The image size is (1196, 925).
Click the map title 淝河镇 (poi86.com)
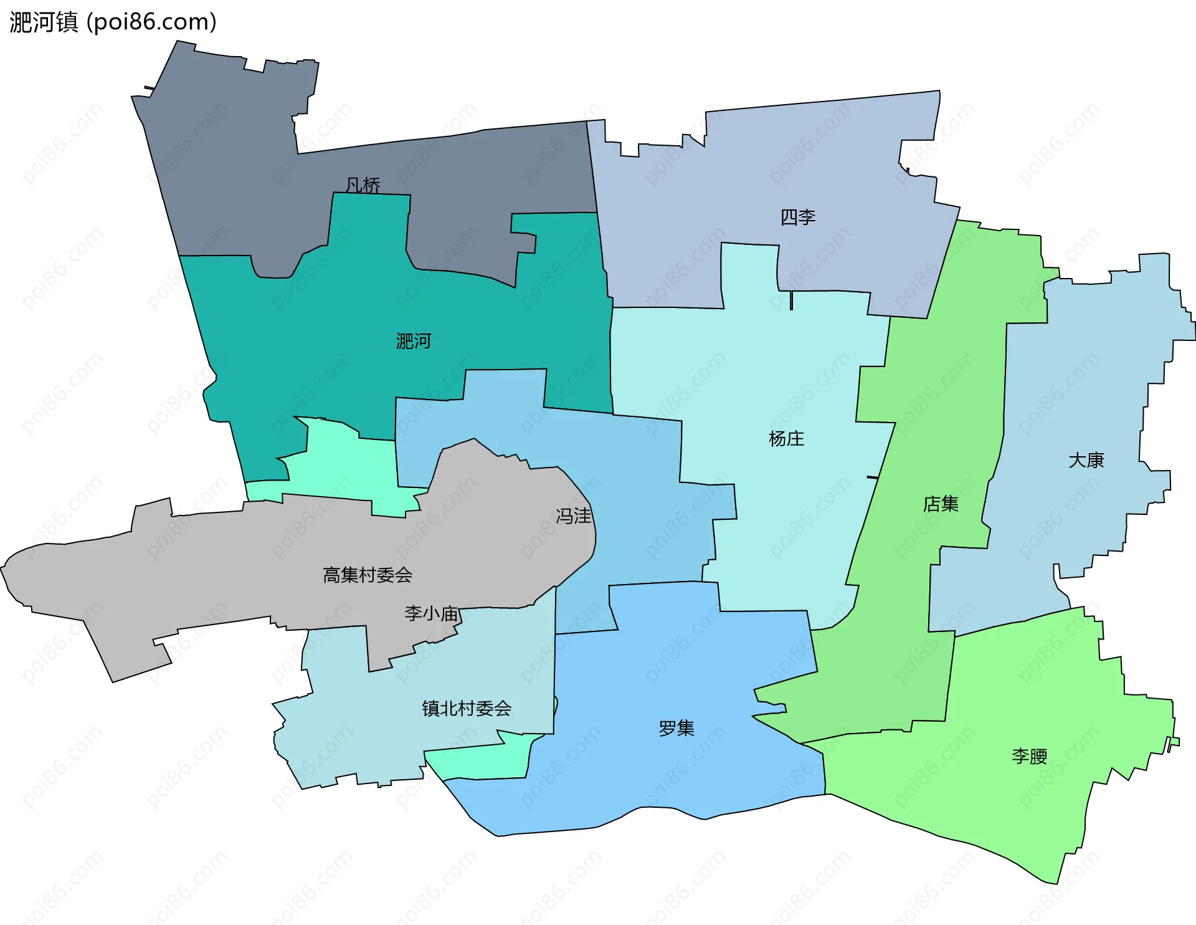113,22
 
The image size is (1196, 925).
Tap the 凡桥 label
363,185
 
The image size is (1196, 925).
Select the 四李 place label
798,217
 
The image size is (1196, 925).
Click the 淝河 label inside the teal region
414,341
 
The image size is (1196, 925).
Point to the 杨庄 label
786,439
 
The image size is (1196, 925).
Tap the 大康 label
1086,460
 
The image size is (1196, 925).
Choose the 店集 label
941,504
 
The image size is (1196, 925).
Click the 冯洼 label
573,516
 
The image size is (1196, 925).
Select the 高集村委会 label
368,575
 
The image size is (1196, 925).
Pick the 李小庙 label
431,613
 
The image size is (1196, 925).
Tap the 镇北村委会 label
467,708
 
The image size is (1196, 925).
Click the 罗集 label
676,728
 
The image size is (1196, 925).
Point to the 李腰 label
1029,756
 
